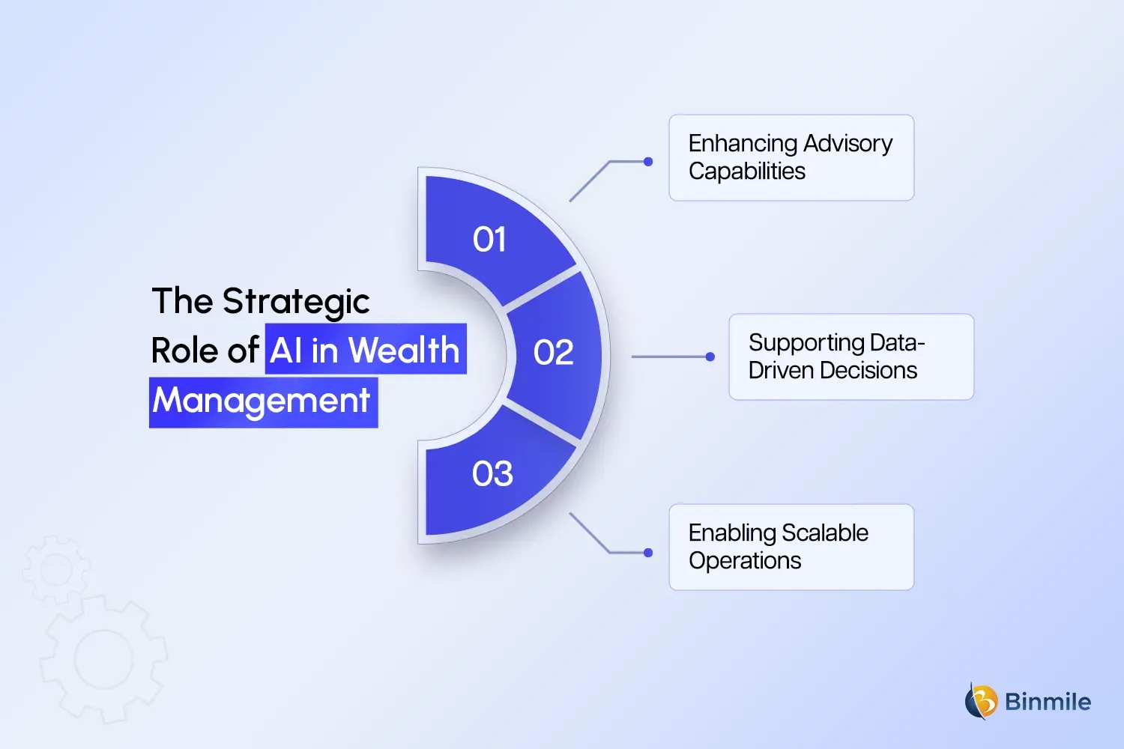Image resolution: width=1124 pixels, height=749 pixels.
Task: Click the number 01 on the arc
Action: pos(489,240)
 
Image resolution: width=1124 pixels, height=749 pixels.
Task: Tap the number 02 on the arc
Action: pos(553,353)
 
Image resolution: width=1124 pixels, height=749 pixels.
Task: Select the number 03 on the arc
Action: pos(492,474)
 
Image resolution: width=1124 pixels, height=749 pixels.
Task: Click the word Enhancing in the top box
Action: pos(743,143)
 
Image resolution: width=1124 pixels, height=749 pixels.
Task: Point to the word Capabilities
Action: pos(747,172)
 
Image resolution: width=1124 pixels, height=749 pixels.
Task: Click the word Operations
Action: pos(745,561)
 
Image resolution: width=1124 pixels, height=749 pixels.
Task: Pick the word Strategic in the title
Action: pos(296,301)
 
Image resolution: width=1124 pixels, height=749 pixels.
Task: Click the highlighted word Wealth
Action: pos(404,350)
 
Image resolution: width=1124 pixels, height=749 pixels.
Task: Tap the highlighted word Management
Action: pos(262,401)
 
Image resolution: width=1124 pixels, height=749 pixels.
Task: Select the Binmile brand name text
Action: pos(1048,702)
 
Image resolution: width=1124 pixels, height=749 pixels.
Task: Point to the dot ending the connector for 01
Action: pos(648,162)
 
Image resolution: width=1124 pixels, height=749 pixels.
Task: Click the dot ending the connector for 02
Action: pos(710,357)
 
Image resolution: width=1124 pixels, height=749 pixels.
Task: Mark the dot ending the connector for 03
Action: pos(648,553)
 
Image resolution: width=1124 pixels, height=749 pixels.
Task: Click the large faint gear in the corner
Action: pos(104,659)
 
